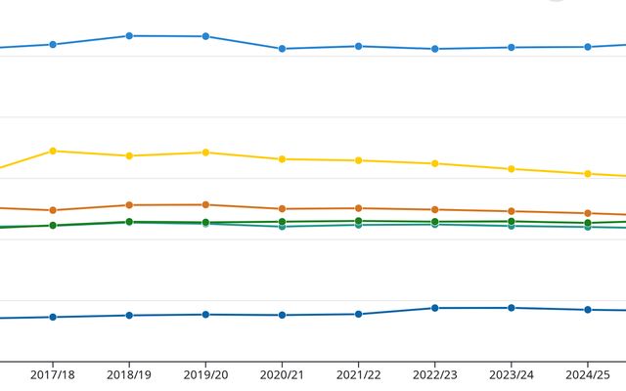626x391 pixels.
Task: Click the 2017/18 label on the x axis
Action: (52, 375)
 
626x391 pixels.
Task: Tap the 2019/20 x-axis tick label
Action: (205, 375)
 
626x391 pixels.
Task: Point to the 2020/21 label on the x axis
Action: (282, 375)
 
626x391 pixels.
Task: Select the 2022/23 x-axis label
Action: (434, 375)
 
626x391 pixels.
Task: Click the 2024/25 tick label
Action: (588, 375)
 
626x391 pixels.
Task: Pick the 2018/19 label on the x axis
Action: (129, 375)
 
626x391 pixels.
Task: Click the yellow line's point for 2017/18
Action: (53, 151)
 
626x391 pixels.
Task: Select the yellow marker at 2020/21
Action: (282, 159)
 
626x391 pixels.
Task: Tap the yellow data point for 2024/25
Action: (588, 174)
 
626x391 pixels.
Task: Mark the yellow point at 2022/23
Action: (435, 163)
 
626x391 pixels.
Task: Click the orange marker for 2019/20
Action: (205, 204)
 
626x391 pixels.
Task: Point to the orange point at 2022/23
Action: (435, 209)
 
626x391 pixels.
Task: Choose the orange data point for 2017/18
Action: (53, 210)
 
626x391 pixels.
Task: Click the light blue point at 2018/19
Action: (129, 36)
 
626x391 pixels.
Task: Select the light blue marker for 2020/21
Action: (282, 49)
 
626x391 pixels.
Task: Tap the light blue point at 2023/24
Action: (512, 48)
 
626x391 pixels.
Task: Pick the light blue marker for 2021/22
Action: (359, 46)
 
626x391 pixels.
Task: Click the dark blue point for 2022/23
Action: (435, 308)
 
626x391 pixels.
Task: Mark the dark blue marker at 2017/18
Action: (53, 317)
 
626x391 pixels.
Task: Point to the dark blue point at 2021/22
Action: (359, 314)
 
